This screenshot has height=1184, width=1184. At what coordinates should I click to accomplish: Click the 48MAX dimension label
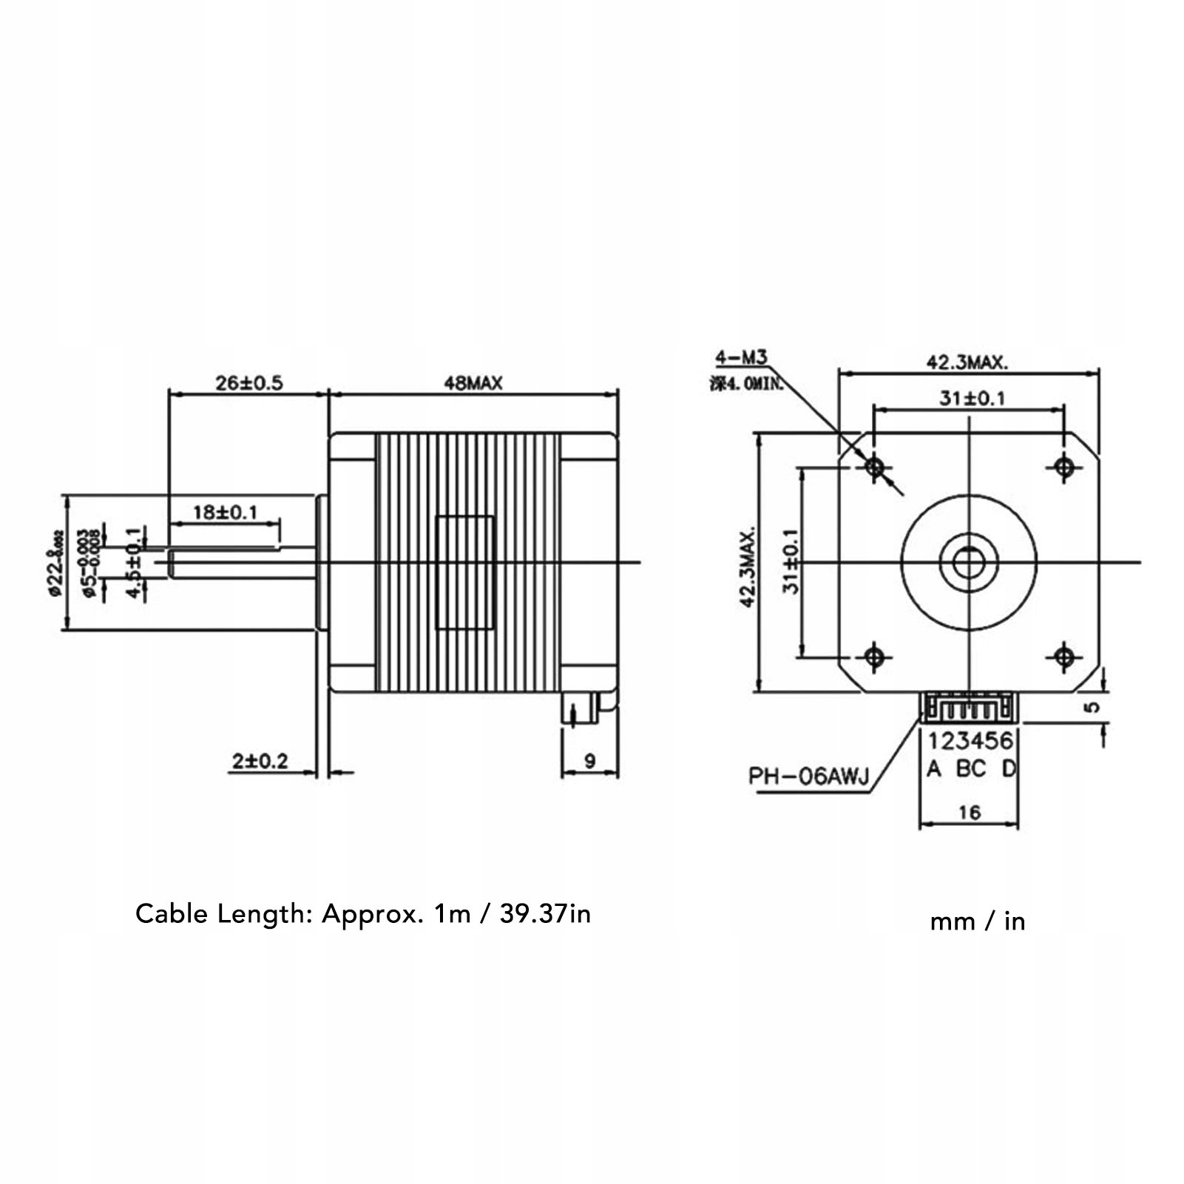tap(473, 382)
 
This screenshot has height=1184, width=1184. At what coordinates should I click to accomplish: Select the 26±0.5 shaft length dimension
tap(248, 382)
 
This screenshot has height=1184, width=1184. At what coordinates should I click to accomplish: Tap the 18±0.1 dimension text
tap(224, 511)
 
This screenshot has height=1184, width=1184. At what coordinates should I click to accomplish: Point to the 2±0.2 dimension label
tap(260, 760)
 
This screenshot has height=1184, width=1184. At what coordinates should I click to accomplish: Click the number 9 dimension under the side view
tap(589, 760)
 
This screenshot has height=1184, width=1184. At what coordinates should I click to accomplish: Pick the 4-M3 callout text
tap(741, 358)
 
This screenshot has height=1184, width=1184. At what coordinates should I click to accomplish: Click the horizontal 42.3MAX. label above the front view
tap(967, 362)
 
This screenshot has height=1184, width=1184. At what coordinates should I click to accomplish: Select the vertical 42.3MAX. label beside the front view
tap(748, 566)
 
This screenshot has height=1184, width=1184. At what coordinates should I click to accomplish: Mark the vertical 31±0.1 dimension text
tap(791, 561)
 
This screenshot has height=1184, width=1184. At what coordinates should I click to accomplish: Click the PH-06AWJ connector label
tap(808, 777)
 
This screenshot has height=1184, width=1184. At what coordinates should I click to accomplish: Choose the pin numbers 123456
tap(970, 740)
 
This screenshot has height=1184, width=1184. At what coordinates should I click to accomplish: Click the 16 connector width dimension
tap(969, 813)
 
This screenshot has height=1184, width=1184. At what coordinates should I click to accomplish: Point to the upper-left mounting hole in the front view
tap(875, 467)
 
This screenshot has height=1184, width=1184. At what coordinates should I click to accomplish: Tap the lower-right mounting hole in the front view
tap(1064, 656)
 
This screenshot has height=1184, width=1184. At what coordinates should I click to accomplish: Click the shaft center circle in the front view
tap(969, 563)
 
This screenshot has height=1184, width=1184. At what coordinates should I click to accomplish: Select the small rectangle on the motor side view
tap(465, 572)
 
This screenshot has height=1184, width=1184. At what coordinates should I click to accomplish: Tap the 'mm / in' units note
tap(977, 921)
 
